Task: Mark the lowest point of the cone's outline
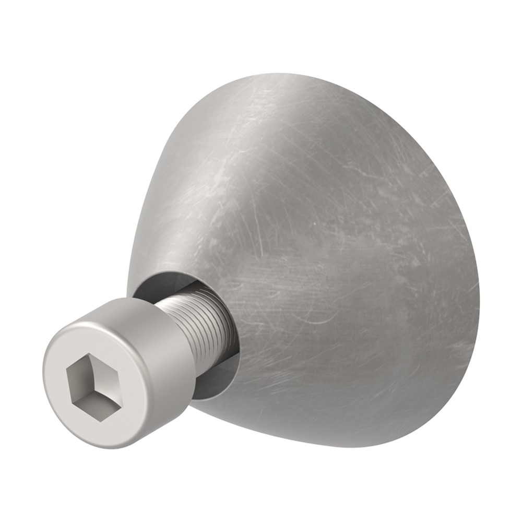click(x=360, y=447)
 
